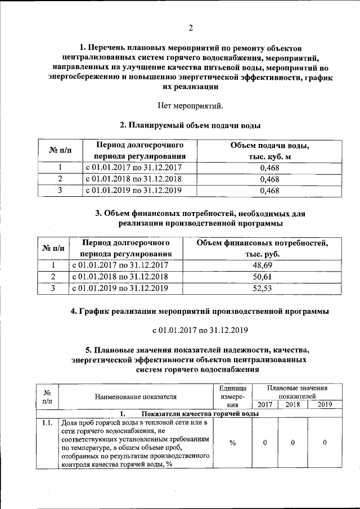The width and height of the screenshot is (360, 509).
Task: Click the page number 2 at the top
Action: point(190,28)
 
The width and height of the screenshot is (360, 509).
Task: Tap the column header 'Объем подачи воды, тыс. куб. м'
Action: point(269,151)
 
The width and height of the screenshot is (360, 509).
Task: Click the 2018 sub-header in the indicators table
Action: point(293,404)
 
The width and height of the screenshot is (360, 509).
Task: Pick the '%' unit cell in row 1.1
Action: point(232,443)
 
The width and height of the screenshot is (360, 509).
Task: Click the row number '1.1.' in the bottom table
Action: point(47,423)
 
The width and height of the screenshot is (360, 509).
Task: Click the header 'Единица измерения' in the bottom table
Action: point(232,396)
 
